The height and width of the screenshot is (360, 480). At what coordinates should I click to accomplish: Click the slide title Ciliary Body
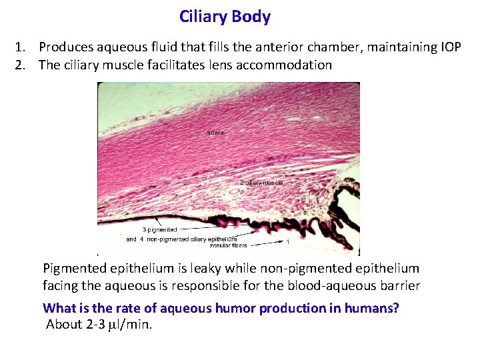click(x=225, y=17)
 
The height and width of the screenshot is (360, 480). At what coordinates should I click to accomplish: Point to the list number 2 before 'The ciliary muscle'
click(x=21, y=65)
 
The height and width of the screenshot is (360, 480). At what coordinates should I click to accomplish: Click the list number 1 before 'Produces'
click(x=21, y=48)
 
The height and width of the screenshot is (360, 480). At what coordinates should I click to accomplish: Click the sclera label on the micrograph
click(x=215, y=133)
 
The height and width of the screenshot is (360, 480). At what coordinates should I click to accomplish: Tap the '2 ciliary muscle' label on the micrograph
click(x=261, y=182)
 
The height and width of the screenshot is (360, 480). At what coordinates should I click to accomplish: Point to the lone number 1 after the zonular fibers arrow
click(x=287, y=243)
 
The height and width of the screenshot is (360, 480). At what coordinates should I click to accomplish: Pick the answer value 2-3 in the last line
click(x=96, y=325)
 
